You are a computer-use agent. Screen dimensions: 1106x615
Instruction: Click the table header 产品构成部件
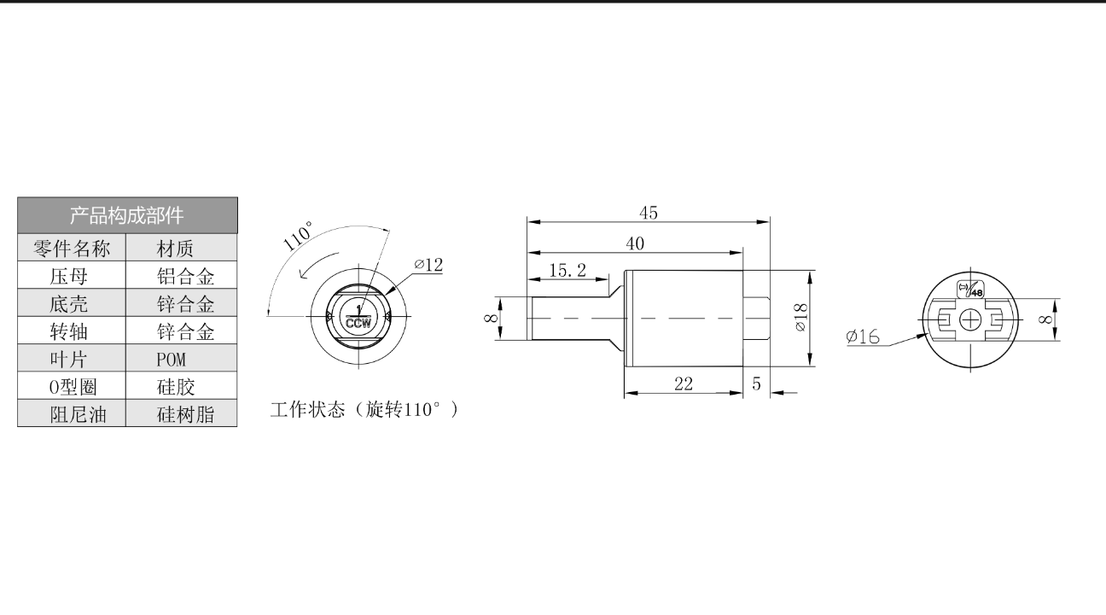click(126, 215)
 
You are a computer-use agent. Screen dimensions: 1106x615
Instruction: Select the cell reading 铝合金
click(186, 277)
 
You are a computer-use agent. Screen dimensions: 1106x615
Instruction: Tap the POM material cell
click(172, 360)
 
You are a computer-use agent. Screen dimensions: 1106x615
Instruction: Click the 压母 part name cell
click(68, 277)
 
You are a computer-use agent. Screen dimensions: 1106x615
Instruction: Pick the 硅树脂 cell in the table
click(186, 414)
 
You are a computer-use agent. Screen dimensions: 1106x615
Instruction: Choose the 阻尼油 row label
click(78, 414)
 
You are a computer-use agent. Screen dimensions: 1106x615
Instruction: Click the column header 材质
click(175, 249)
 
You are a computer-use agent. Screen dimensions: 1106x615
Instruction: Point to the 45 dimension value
click(649, 213)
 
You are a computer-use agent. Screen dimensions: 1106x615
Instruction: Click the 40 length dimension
click(635, 243)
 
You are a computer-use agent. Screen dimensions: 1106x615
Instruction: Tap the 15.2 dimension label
click(568, 271)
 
